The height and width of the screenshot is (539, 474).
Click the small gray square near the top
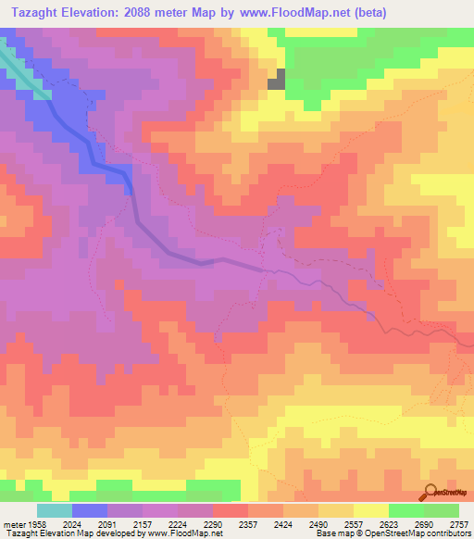pyautogui.click(x=276, y=81)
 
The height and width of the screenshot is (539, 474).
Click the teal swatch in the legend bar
pyautogui.click(x=54, y=510)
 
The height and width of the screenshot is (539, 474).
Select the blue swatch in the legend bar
pyautogui.click(x=89, y=510)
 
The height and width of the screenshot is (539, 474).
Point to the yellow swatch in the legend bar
pyautogui.click(x=370, y=510)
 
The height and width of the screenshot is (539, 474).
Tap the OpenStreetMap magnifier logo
pyautogui.click(x=430, y=492)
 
